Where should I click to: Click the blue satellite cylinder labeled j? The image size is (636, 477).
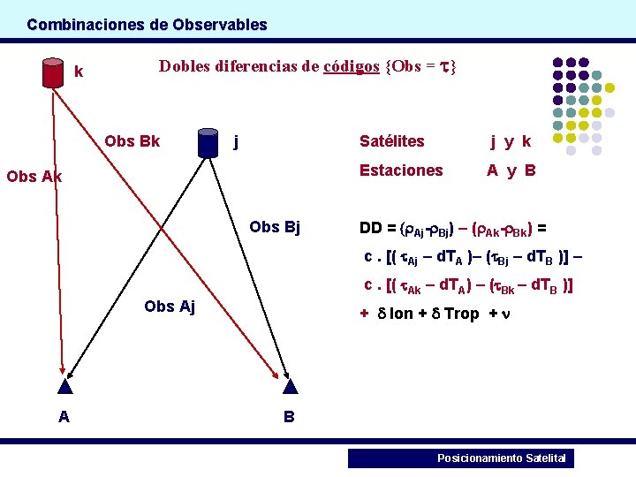[208, 142]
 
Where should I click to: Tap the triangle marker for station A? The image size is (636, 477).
[64, 385]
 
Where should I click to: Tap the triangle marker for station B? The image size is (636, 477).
[289, 385]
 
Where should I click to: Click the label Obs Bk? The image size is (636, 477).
[132, 141]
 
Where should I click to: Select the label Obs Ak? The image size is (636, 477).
[34, 176]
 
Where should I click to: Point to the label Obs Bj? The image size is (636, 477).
[275, 227]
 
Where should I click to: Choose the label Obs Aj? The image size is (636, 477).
[169, 307]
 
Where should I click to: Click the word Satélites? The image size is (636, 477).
[391, 141]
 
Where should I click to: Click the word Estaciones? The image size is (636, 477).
[401, 170]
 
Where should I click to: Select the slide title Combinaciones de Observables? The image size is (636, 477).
[147, 25]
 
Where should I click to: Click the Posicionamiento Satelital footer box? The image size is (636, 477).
[460, 458]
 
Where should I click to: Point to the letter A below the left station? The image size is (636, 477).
[64, 417]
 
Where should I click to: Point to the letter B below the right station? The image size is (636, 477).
[289, 417]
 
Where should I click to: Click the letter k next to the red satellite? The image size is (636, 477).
[79, 72]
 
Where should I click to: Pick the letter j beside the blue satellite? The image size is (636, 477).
[234, 140]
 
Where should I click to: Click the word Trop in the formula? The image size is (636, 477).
[461, 314]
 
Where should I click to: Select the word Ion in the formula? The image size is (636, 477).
[401, 314]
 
